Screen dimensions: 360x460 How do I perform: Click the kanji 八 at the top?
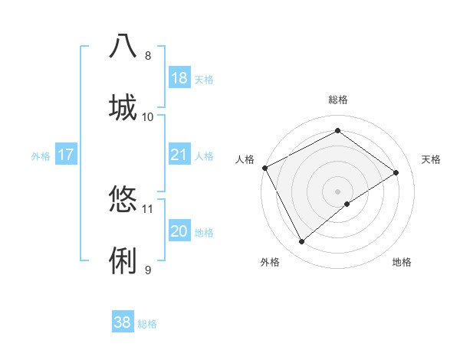coord(123,47)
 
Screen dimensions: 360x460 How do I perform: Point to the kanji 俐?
coord(123,260)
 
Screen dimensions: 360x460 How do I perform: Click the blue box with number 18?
coord(179,78)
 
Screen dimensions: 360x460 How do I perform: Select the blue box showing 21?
coord(179,155)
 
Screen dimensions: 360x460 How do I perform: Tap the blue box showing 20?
coord(179,231)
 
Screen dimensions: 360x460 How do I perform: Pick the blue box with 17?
coord(66,155)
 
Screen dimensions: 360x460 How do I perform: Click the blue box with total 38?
coord(123,322)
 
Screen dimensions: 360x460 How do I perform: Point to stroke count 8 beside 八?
coord(148,56)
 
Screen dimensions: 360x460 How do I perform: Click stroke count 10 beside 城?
coord(148,116)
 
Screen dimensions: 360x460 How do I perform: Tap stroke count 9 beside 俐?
coord(148,270)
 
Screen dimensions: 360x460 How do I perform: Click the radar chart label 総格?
coord(338,100)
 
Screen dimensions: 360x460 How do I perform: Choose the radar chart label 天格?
coord(432,159)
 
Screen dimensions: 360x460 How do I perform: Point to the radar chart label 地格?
coord(402,262)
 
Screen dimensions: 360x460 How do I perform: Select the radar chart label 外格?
coord(270,262)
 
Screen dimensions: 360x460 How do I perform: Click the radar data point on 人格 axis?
coord(264,168)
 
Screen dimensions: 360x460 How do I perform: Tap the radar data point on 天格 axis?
coord(396,173)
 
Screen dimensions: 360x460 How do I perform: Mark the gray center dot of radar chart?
coord(338,191)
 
